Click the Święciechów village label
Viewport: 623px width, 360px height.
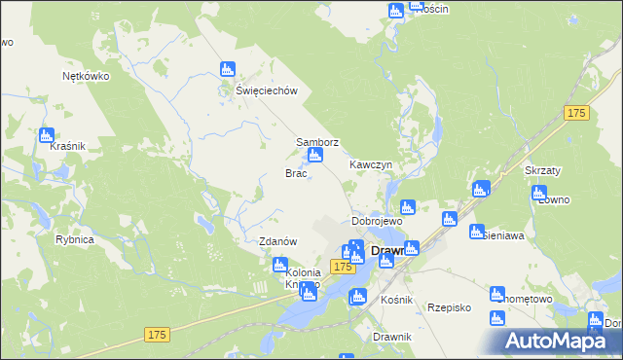coord(265,90)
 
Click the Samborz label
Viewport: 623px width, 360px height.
coord(317,142)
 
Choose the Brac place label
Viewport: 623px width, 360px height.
coord(296,173)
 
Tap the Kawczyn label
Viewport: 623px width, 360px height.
coord(371,165)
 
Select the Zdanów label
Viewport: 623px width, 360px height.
coord(277,241)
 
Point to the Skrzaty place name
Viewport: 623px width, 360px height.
coord(543,169)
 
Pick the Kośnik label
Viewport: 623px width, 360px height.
coord(397,300)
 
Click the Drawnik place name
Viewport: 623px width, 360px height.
coord(392,337)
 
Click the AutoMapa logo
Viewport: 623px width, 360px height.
coord(560,341)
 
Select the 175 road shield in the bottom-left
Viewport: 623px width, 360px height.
coord(159,334)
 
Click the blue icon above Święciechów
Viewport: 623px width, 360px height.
coord(228,70)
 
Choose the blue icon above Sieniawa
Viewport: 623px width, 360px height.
coord(476,233)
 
